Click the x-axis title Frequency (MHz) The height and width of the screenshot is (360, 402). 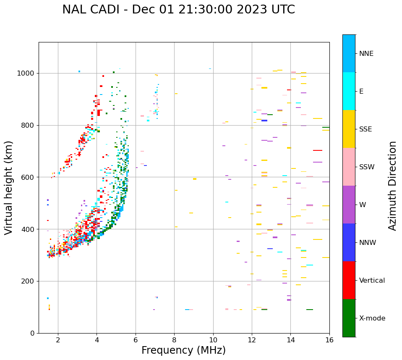point(183,350)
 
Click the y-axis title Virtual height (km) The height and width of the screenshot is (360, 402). point(9,188)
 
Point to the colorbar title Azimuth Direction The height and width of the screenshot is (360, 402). point(392,186)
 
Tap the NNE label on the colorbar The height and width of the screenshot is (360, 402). point(366,54)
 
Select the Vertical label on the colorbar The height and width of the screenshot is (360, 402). point(372,281)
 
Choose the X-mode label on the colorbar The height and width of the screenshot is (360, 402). point(372,318)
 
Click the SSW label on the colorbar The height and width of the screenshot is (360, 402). point(366,167)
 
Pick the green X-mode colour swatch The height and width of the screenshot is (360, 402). point(349,318)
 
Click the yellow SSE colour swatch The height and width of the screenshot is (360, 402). point(349,129)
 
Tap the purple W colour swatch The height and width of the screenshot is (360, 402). point(349,205)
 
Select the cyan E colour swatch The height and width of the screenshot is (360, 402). point(349,91)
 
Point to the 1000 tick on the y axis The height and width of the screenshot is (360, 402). point(26,73)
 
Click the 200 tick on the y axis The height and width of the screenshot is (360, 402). point(29,281)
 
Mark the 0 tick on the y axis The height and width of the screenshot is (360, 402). point(32,333)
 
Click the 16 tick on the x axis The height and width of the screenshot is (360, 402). point(329,340)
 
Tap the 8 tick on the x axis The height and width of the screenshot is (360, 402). point(174,340)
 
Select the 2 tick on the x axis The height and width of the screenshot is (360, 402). point(58,340)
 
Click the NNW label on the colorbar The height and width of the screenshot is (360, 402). point(368,243)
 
